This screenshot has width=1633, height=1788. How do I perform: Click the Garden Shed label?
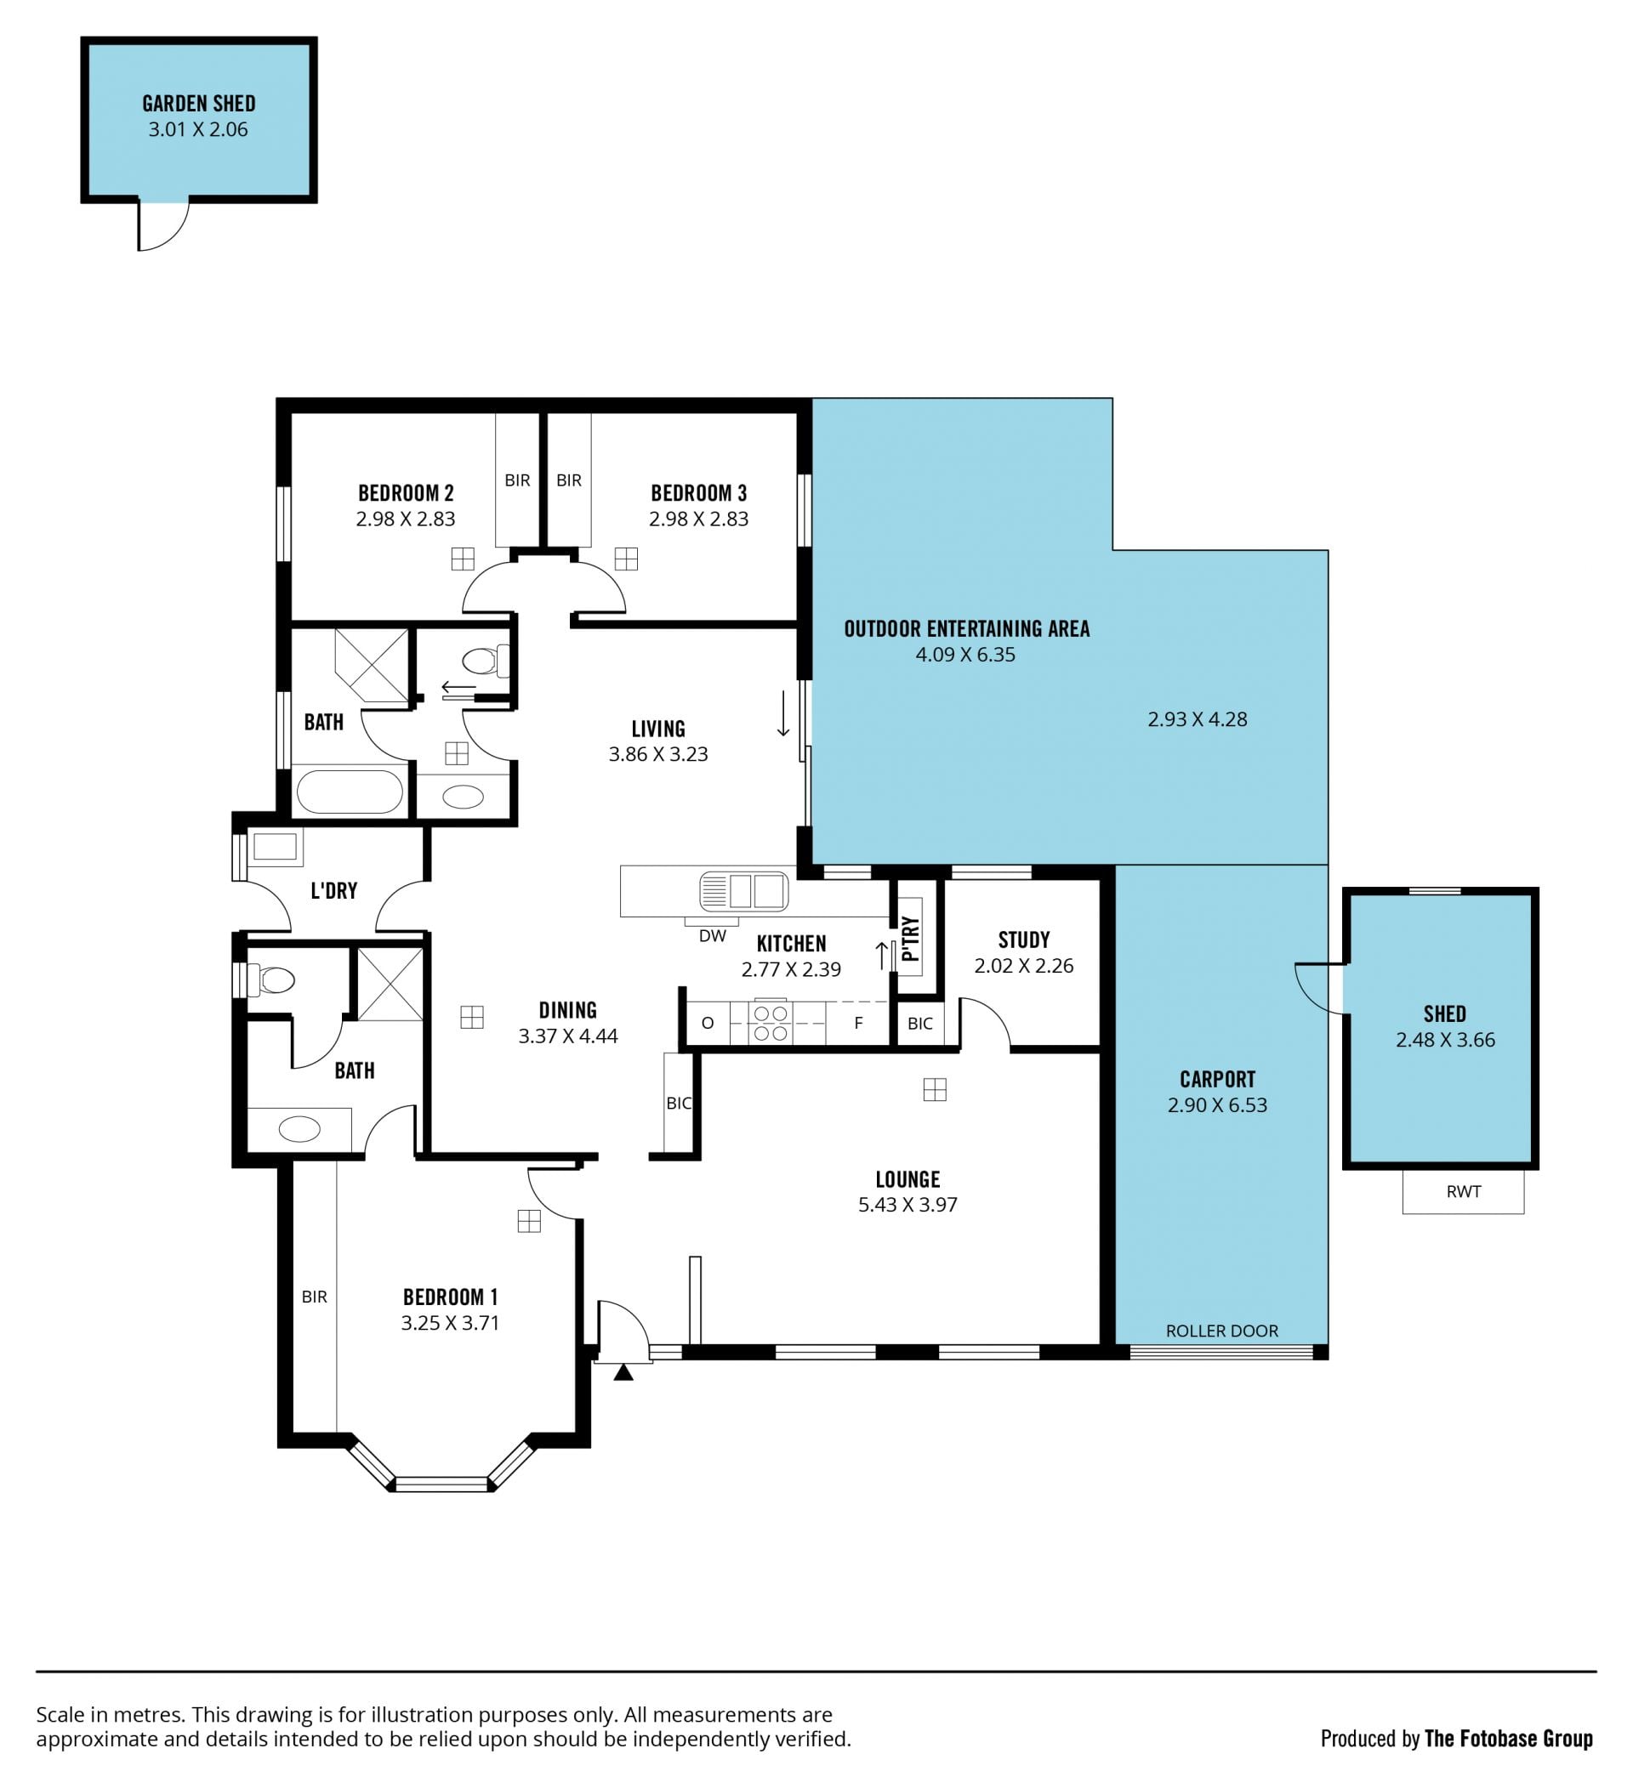tap(199, 104)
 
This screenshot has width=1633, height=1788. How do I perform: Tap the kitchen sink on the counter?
tap(743, 891)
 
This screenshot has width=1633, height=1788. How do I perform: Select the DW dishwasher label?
tap(712, 936)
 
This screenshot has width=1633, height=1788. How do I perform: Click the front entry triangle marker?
tap(623, 1373)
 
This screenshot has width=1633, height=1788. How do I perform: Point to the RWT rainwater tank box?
tap(1463, 1192)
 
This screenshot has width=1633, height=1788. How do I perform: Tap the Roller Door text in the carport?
tap(1221, 1331)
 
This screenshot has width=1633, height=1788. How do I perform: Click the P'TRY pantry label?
tap(910, 939)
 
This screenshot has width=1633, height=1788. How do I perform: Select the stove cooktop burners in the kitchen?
tap(770, 1024)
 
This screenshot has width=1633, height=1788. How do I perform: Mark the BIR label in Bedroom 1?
tap(314, 1297)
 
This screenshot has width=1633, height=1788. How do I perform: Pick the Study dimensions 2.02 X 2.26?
tap(1024, 966)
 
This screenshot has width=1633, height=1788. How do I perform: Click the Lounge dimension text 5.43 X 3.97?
tap(908, 1205)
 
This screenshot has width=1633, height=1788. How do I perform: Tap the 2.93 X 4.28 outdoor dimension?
tap(1197, 719)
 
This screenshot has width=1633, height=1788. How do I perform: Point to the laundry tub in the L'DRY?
tap(275, 846)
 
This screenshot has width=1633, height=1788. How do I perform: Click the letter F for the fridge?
tap(857, 1024)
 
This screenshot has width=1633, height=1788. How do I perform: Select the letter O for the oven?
tap(708, 1024)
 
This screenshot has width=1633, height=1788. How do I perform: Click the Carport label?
tap(1217, 1080)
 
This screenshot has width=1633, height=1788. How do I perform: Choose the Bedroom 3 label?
tap(699, 493)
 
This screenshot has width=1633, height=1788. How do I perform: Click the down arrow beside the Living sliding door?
tap(783, 714)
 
